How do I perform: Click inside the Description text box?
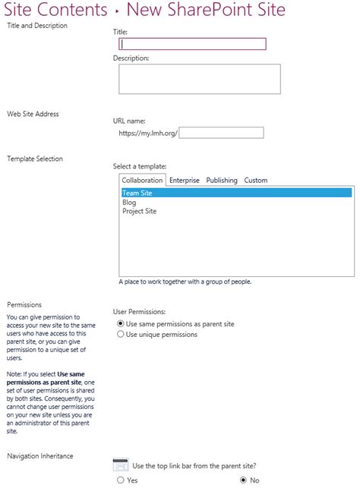200,79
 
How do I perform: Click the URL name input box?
221,133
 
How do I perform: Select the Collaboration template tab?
142,181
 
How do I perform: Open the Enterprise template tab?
185,181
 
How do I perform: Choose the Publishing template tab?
222,181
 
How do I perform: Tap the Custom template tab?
255,181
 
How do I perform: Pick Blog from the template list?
129,202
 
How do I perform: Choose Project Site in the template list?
139,211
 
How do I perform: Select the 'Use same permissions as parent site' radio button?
120,323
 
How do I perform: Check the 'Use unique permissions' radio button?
120,334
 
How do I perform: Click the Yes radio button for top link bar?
120,480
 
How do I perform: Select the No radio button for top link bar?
243,480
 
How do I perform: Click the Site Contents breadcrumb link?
55,10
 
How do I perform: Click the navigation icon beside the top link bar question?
120,465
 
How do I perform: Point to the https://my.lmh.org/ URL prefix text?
147,133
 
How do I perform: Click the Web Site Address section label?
33,114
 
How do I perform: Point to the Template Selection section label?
35,159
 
